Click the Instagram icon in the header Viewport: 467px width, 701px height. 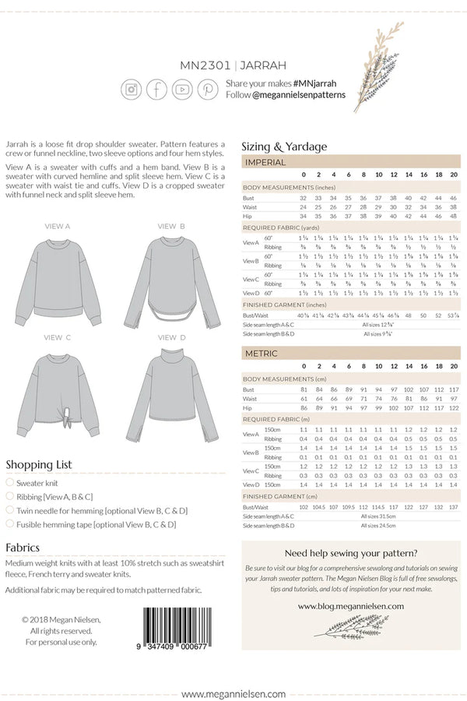pyautogui.click(x=132, y=89)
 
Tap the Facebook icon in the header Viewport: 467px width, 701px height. pyautogui.click(x=157, y=89)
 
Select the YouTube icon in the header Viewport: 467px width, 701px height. pyautogui.click(x=183, y=89)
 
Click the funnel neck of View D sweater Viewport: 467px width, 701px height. pyautogui.click(x=171, y=358)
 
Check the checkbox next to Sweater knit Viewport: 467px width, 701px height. pyautogui.click(x=10, y=483)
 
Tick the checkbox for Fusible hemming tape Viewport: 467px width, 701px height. pyautogui.click(x=10, y=524)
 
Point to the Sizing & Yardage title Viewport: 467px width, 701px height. pyautogui.click(x=284, y=146)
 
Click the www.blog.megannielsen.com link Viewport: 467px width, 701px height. pyautogui.click(x=350, y=606)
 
